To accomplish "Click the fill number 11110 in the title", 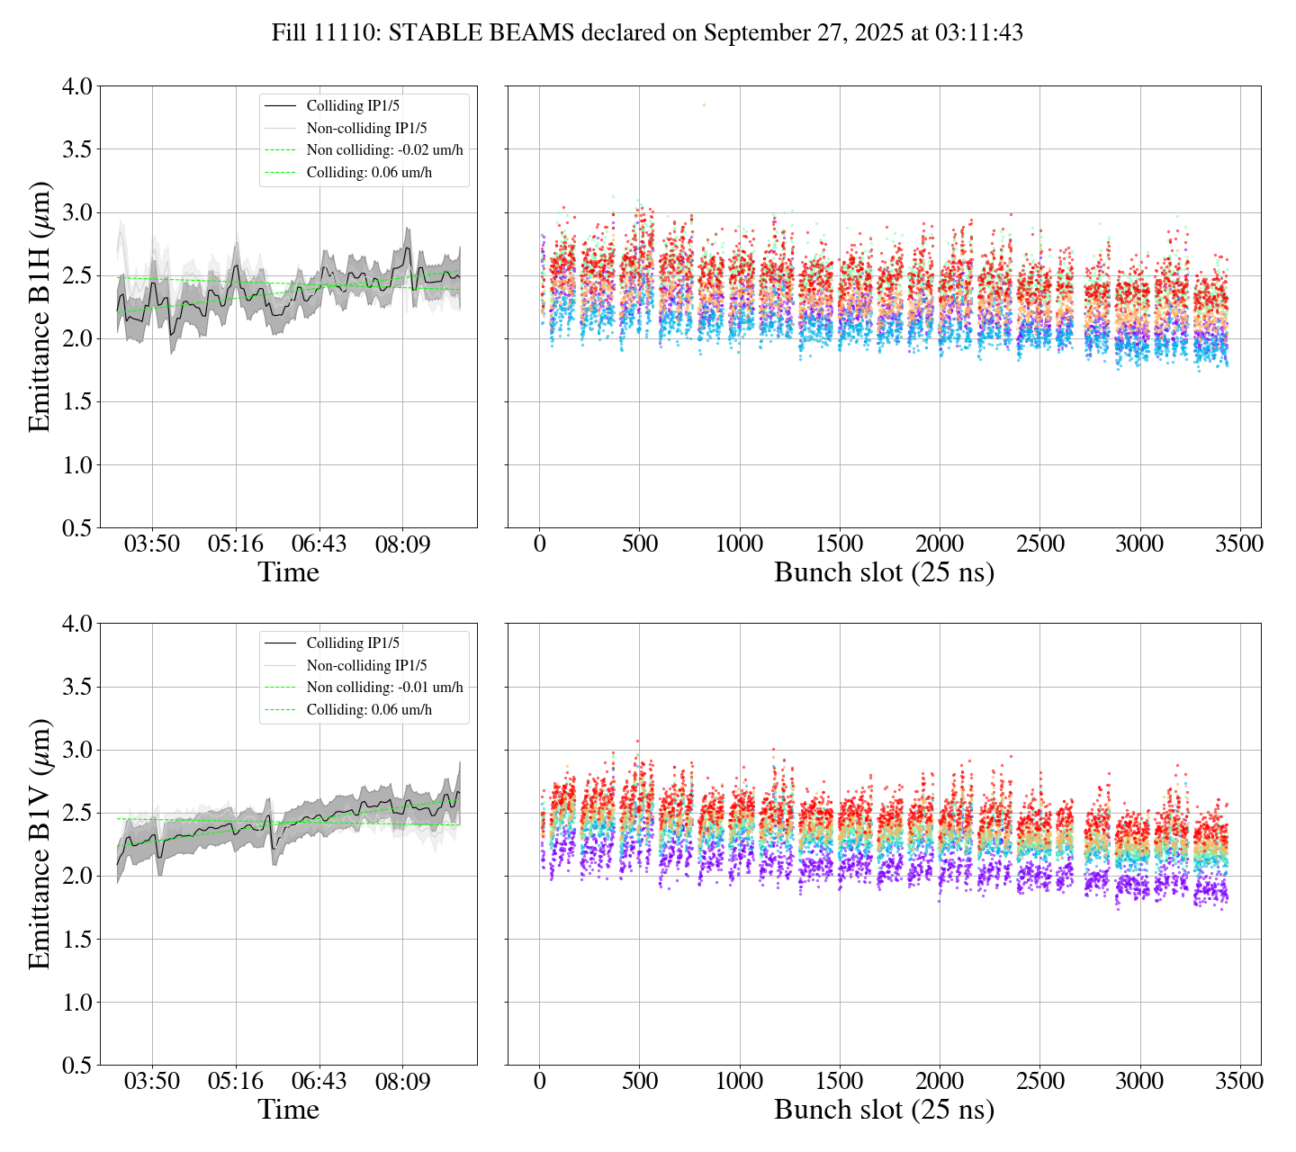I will pyautogui.click(x=347, y=33).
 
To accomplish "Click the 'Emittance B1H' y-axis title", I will pyautogui.click(x=40, y=306).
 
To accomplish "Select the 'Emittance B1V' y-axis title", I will pyautogui.click(x=40, y=843).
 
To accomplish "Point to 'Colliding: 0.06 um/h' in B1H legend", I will pyautogui.click(x=369, y=172).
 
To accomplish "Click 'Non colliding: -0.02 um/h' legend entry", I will pyautogui.click(x=384, y=150).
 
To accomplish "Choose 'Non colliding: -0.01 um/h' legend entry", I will pyautogui.click(x=384, y=688).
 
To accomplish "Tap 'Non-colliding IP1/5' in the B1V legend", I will pyautogui.click(x=366, y=666).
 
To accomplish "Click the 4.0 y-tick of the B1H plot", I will pyautogui.click(x=76, y=86).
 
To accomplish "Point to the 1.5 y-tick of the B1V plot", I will pyautogui.click(x=76, y=940).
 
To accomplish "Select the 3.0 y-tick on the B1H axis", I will pyautogui.click(x=76, y=212).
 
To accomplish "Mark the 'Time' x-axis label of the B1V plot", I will pyautogui.click(x=288, y=1110).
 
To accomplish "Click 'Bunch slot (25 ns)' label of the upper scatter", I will pyautogui.click(x=884, y=572).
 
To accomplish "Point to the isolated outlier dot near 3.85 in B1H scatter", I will pyautogui.click(x=704, y=105).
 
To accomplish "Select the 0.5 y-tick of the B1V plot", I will pyautogui.click(x=76, y=1066).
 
